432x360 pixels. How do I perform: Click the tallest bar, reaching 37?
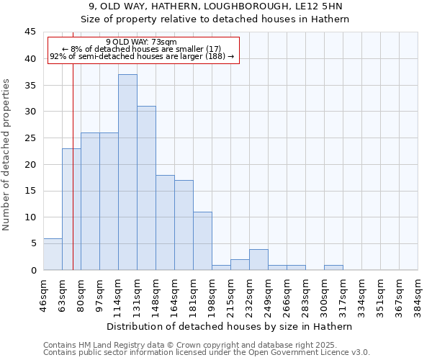pos(127,173)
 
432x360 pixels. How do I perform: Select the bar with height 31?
pos(146,189)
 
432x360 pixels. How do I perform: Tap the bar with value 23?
pos(71,209)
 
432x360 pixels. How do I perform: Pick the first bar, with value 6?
pos(53,254)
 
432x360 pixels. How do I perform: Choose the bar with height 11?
pos(202,241)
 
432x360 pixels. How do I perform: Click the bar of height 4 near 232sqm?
pos(258,260)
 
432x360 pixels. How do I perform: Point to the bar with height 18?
pos(165,222)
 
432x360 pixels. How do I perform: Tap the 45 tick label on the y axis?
pos(30,32)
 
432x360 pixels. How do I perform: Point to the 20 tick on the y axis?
pos(30,164)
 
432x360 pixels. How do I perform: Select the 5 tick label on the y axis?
pos(32,243)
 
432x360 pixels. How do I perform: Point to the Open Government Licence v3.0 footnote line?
pos(207,353)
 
